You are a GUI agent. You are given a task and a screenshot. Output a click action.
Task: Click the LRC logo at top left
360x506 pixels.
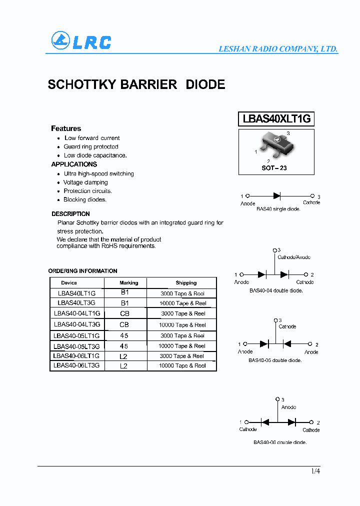[81, 41]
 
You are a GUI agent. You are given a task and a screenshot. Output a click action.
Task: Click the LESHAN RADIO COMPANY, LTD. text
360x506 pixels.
[278, 49]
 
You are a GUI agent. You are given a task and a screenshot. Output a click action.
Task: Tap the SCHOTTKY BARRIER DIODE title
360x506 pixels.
[136, 84]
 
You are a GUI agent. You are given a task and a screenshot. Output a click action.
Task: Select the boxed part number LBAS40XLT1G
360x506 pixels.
[276, 119]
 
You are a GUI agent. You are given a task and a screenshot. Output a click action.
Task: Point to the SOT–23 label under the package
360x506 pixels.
[274, 168]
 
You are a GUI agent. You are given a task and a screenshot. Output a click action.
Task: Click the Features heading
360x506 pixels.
[66, 128]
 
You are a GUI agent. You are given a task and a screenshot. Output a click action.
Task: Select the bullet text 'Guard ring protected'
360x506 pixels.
[91, 147]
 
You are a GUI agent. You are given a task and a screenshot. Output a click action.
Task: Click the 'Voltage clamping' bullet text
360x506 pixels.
[85, 182]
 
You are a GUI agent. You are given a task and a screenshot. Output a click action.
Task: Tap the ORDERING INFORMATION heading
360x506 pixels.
[83, 271]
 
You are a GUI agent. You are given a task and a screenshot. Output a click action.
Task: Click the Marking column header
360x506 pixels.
[129, 283]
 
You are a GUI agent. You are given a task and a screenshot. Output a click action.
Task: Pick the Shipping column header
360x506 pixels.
[186, 283]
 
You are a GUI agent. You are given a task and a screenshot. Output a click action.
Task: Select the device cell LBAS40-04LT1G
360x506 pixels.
[77, 313]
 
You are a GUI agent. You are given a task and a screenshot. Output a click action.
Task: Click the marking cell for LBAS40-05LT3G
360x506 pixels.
[124, 346]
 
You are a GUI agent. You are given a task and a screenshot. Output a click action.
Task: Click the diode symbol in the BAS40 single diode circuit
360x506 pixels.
[276, 196]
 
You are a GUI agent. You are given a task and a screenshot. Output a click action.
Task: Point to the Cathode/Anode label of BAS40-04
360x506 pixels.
[294, 257]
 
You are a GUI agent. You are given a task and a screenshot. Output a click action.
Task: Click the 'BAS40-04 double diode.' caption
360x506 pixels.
[276, 290]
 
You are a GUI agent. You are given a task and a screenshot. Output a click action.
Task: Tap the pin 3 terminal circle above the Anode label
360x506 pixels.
[277, 399]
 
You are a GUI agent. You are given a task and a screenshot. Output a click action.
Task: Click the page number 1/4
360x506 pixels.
[315, 471]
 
